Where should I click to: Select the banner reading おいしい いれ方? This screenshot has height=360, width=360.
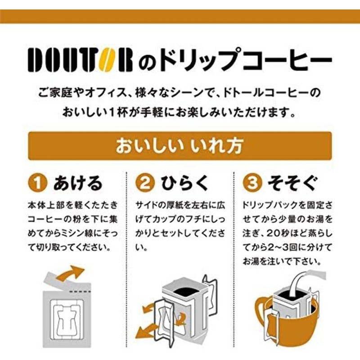click(x=180, y=146)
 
